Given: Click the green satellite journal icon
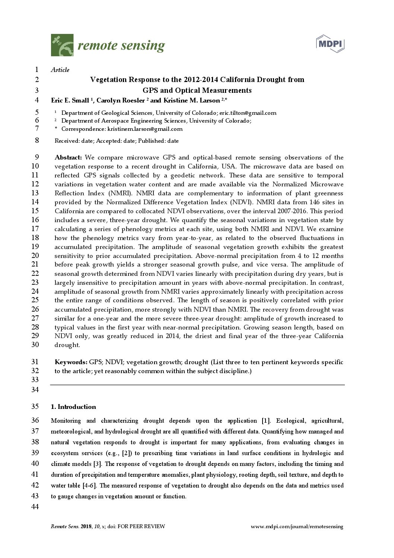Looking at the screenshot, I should click(62, 45).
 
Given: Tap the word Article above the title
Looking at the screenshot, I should click(60, 70).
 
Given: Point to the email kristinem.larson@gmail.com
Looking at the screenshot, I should click(145, 129).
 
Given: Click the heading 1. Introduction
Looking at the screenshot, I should click(73, 407).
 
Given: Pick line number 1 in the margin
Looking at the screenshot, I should click(36, 70).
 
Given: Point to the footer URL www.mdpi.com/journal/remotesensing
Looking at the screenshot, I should click(297, 527).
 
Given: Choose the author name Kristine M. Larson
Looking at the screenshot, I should click(191, 100).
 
